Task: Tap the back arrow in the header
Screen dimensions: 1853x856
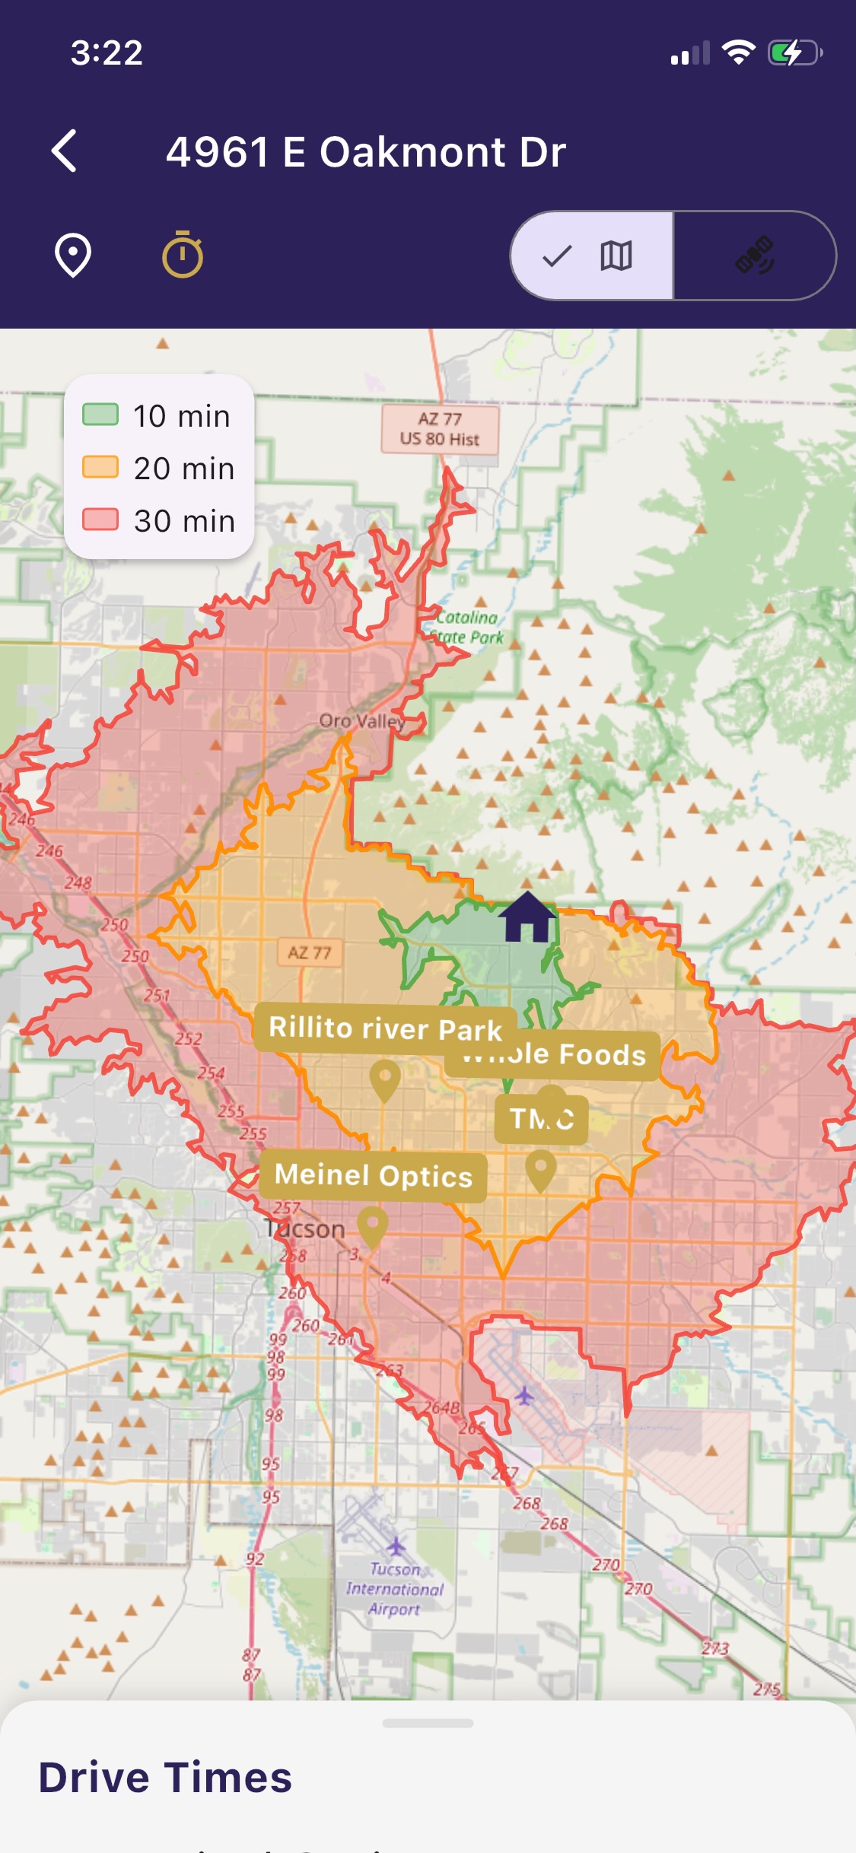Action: (x=65, y=151)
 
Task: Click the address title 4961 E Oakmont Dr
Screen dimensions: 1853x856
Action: (x=366, y=151)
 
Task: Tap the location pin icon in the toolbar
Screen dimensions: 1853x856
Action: (x=73, y=256)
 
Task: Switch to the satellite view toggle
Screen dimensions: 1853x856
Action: (x=755, y=256)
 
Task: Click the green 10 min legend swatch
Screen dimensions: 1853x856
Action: (x=100, y=415)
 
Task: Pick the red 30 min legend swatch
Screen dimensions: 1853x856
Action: (x=100, y=520)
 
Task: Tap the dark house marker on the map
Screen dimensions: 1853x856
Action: (x=527, y=917)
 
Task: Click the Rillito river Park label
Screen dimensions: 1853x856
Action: (x=385, y=1028)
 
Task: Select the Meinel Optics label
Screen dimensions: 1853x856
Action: (x=373, y=1176)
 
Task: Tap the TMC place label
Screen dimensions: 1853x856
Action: (x=541, y=1119)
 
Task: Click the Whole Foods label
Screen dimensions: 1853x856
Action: (x=563, y=1055)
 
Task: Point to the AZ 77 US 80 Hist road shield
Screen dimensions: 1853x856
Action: (x=440, y=429)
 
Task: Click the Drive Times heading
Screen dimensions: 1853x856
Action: (x=165, y=1778)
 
